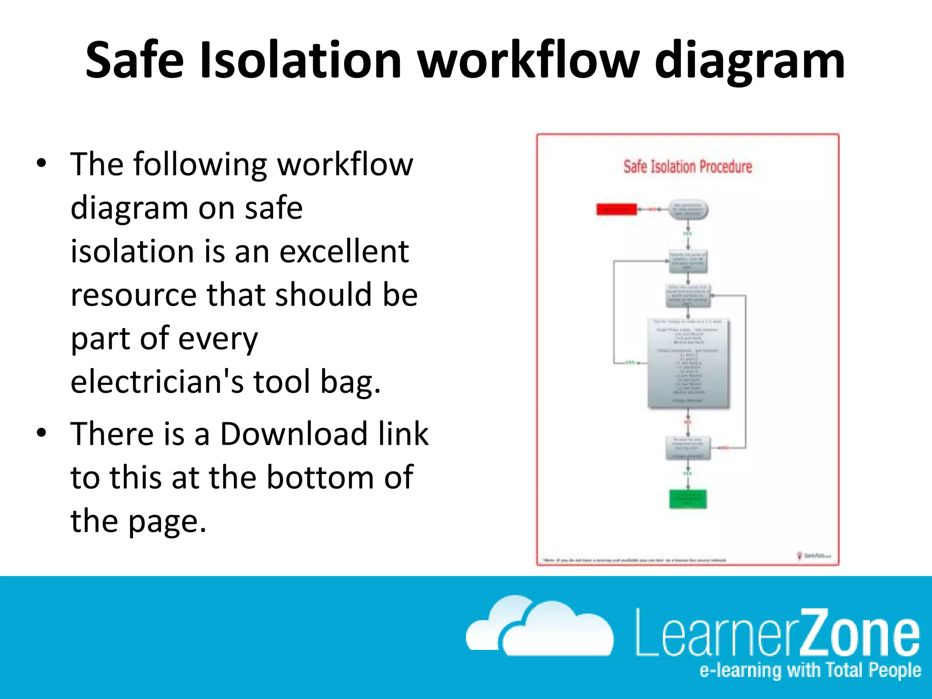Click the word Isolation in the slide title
pos(301,60)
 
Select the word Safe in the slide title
pos(135,60)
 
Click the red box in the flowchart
pos(617,209)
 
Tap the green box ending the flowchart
pos(688,499)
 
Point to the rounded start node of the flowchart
pos(688,210)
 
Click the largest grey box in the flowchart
pos(688,363)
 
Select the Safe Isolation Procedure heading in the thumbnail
pos(688,167)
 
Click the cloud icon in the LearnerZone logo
pos(540,627)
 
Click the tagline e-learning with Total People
pos(810,670)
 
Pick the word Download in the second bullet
pos(294,434)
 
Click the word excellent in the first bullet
pos(344,251)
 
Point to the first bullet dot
pos(42,163)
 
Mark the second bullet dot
pos(42,433)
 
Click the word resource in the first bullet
pos(134,295)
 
